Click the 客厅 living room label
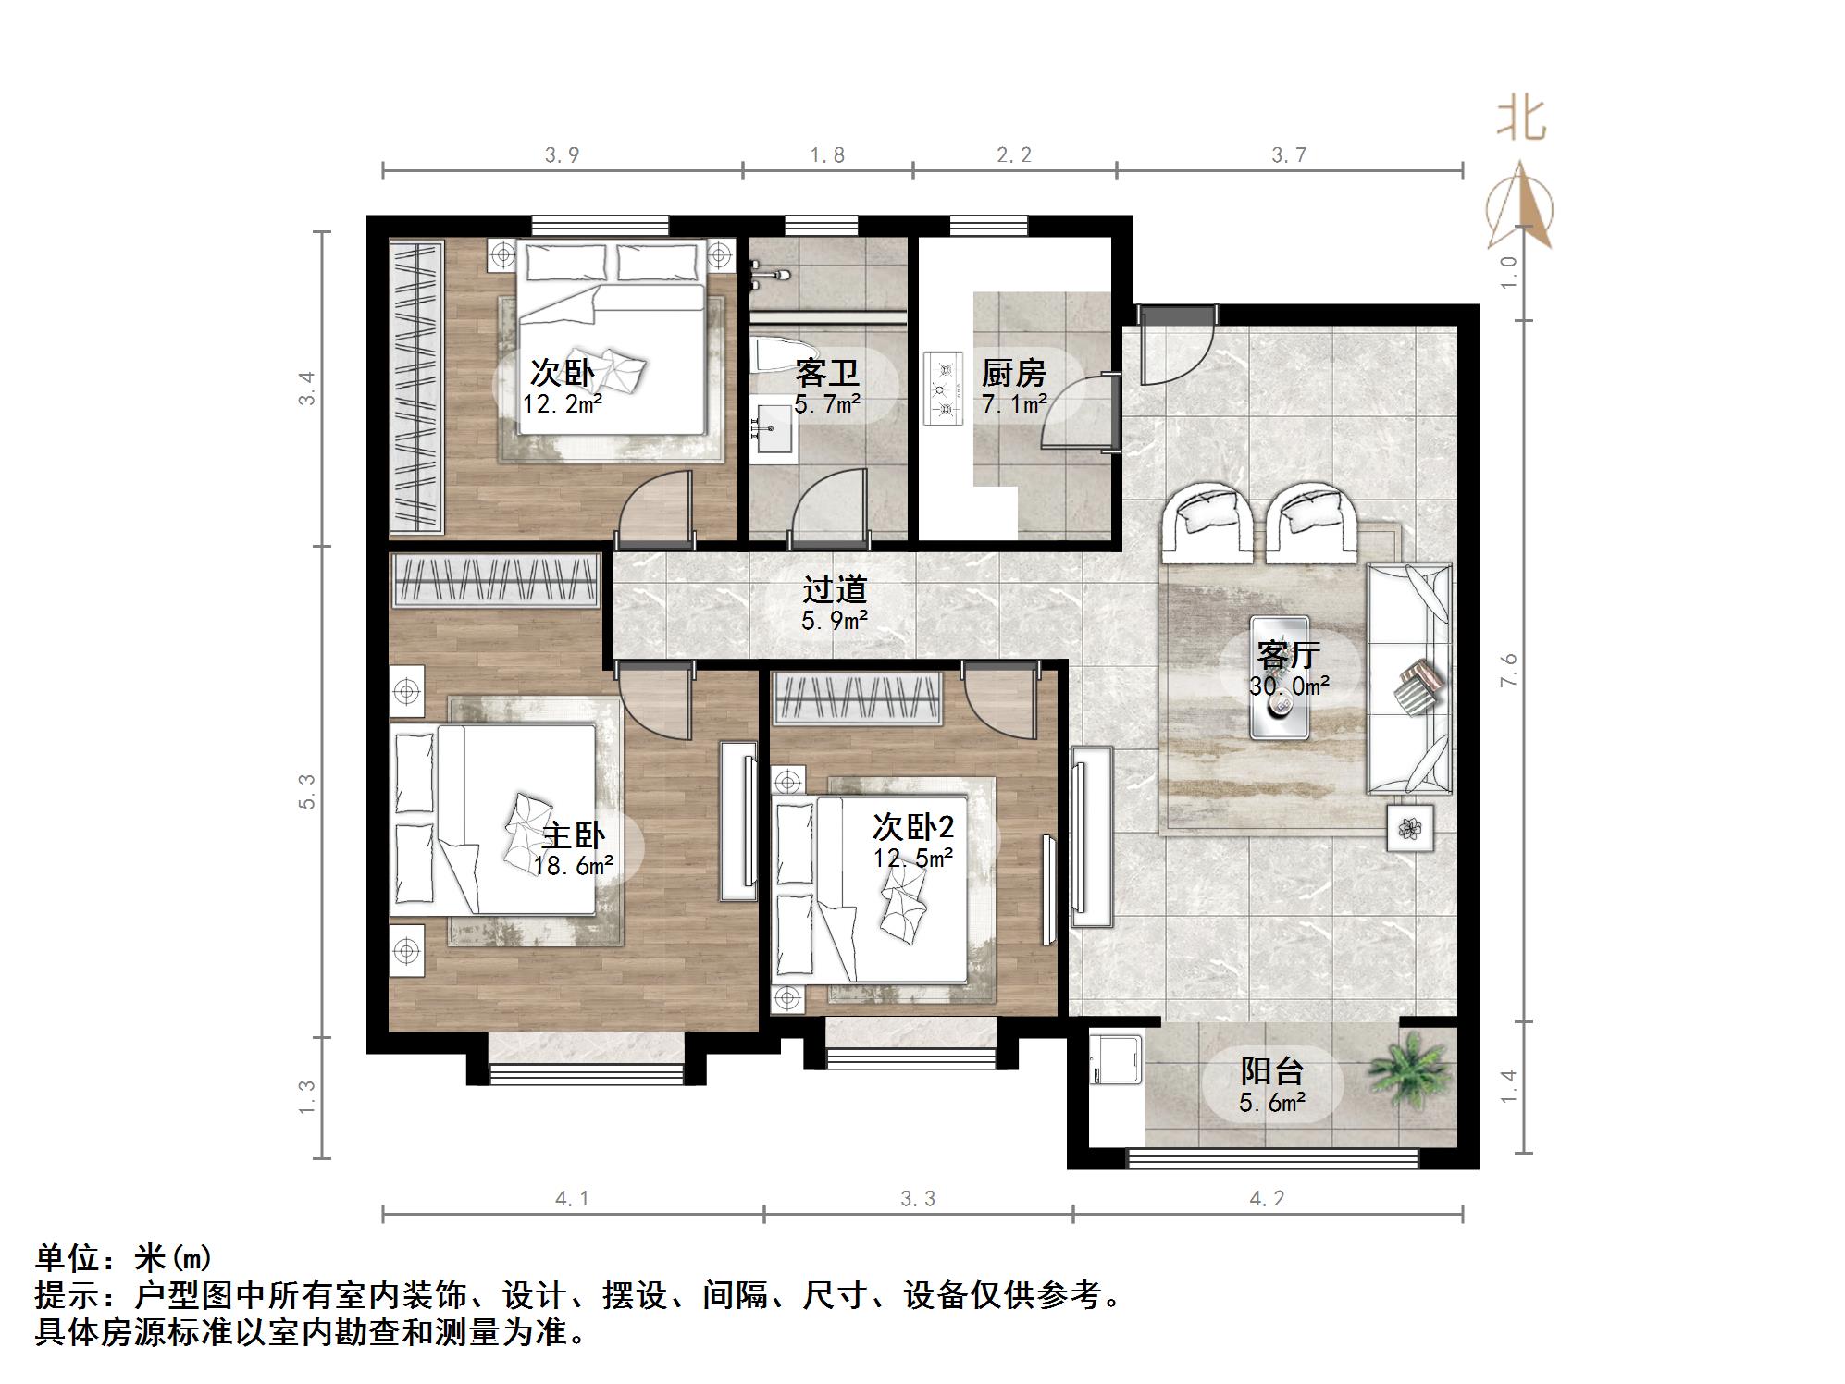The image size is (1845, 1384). pos(1288,655)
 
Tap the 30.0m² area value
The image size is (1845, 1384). pos(1288,686)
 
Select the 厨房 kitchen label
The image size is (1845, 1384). pos(1013,373)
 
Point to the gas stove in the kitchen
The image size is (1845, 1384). pos(944,389)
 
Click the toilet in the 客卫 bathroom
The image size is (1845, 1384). pos(775,356)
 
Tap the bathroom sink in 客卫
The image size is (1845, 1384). pos(774,429)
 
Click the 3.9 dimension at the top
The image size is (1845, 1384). pos(562,154)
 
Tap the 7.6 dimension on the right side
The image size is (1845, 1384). pos(1509,670)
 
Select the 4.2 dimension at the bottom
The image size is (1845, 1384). pos(1267,1199)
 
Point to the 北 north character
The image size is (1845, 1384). pos(1521,119)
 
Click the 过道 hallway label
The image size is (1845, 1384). pos(834,589)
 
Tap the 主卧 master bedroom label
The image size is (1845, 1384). pos(573,835)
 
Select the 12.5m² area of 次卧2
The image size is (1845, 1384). pos(913,859)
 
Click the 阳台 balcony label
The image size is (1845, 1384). pos(1272,1071)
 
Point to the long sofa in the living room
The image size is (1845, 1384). pos(1409,678)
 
